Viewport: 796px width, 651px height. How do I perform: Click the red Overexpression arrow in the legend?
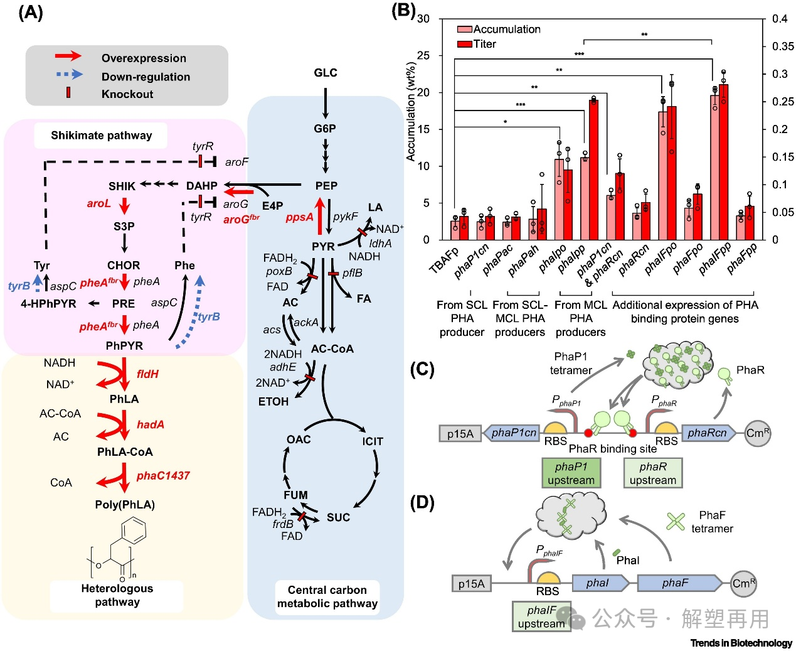[68, 56]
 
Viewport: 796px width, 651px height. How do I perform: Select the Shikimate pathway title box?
[101, 135]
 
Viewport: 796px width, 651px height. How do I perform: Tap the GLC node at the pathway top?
[326, 73]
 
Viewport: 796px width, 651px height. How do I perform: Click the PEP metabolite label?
[326, 186]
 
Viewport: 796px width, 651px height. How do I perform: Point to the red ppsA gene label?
[299, 217]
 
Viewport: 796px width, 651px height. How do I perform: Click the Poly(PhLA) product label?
[125, 505]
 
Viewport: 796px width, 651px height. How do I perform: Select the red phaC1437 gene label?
[163, 476]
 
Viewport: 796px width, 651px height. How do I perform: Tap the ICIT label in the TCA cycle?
[373, 441]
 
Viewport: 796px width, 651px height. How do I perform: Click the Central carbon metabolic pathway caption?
[327, 597]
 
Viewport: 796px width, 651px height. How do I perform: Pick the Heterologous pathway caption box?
[117, 595]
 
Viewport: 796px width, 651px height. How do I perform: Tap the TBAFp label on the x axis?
[443, 259]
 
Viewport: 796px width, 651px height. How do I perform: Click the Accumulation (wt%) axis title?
[411, 112]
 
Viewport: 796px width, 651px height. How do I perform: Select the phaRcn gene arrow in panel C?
[708, 433]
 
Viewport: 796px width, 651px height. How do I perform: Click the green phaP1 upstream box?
[571, 473]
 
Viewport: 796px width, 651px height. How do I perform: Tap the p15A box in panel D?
[471, 584]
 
